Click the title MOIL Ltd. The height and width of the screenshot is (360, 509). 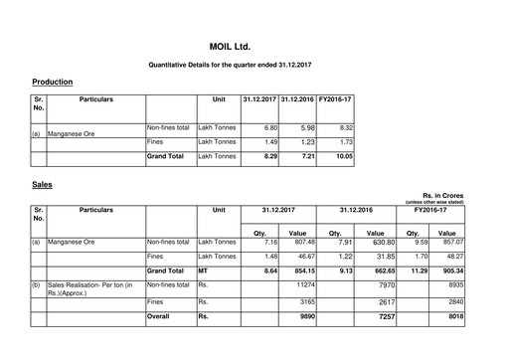tap(254, 46)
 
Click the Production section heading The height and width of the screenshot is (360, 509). tap(52, 82)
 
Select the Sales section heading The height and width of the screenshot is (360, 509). tap(42, 185)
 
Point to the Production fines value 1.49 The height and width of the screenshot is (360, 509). tap(265, 142)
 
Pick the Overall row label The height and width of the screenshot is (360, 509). tap(160, 318)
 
